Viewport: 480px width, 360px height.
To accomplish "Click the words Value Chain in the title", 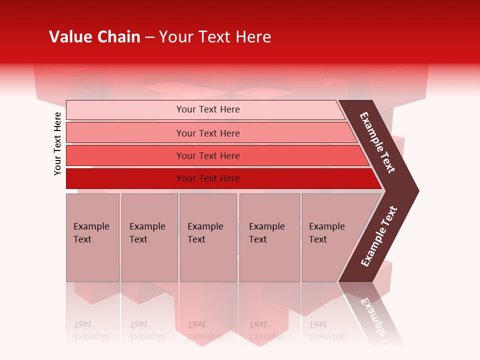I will [x=94, y=37].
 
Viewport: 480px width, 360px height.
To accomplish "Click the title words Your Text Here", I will [x=215, y=37].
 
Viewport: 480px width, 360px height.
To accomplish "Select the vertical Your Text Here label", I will [x=57, y=143].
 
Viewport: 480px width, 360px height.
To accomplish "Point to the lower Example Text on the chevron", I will [x=379, y=236].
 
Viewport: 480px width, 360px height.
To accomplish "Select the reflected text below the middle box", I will [x=205, y=330].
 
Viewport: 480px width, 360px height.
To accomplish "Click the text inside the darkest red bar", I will [x=208, y=178].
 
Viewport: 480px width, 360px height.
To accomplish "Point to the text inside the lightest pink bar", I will [x=208, y=109].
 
